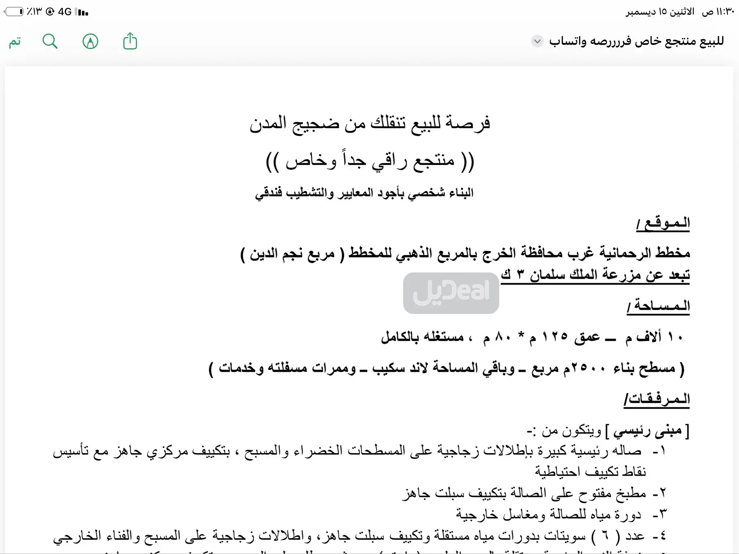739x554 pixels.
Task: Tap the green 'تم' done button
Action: (15, 41)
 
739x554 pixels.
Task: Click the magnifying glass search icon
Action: (50, 41)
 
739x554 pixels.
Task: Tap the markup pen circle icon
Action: (90, 41)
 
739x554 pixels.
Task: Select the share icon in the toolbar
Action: (130, 41)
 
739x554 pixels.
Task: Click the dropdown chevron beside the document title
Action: (537, 41)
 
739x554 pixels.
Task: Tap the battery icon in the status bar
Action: (14, 11)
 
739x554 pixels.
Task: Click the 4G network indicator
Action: (65, 11)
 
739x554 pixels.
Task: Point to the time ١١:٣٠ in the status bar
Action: (725, 11)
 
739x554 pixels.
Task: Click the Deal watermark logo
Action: (451, 293)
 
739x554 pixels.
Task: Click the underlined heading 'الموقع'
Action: (663, 223)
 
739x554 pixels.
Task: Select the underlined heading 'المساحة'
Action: (659, 306)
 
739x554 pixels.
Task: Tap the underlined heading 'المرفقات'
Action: (657, 399)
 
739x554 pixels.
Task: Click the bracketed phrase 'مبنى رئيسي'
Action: (647, 431)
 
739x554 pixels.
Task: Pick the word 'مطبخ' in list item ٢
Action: (629, 493)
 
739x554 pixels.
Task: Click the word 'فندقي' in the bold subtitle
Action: (269, 193)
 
